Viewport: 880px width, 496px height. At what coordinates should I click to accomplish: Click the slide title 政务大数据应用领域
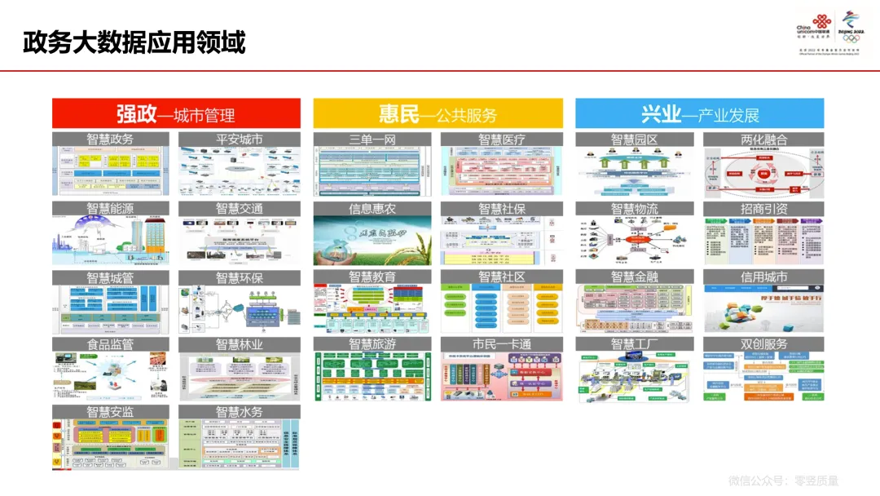(x=134, y=42)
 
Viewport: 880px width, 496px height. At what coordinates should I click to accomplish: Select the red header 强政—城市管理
(x=176, y=114)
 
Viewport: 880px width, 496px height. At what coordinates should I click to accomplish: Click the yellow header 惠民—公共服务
(x=438, y=114)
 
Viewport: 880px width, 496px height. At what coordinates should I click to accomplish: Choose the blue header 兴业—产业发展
(x=700, y=114)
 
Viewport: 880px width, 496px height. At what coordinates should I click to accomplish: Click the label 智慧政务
(x=111, y=139)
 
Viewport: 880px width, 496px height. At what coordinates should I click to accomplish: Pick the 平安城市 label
(x=240, y=139)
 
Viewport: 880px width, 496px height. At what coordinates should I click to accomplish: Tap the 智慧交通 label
(x=240, y=209)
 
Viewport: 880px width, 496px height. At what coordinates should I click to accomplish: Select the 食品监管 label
(x=111, y=344)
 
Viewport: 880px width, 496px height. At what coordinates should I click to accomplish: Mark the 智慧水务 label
(x=240, y=412)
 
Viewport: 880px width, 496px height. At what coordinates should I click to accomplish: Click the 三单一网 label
(x=372, y=139)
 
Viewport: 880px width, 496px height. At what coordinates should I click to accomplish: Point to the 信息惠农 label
(x=372, y=209)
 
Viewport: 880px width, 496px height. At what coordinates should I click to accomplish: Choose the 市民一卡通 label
(x=502, y=344)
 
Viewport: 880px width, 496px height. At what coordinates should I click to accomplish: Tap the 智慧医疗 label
(x=502, y=139)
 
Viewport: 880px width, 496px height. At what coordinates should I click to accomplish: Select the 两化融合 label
(x=763, y=139)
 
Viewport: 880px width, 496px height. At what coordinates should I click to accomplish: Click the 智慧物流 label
(x=635, y=209)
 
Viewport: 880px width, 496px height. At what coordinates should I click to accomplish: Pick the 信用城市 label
(x=763, y=277)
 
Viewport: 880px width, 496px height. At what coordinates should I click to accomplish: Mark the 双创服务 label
(x=763, y=344)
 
